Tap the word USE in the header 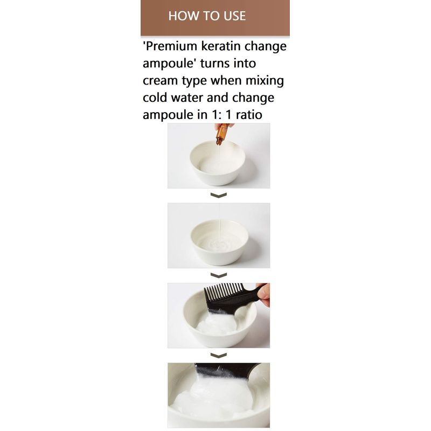click(x=234, y=16)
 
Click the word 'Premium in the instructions click(x=170, y=46)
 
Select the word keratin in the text click(x=221, y=46)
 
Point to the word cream click(x=160, y=81)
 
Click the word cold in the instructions click(x=155, y=98)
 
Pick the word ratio click(x=249, y=115)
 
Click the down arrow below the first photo click(x=219, y=195)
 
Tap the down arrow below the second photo click(x=219, y=275)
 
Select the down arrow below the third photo click(x=219, y=355)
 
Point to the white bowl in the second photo click(x=219, y=242)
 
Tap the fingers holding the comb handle click(x=264, y=295)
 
